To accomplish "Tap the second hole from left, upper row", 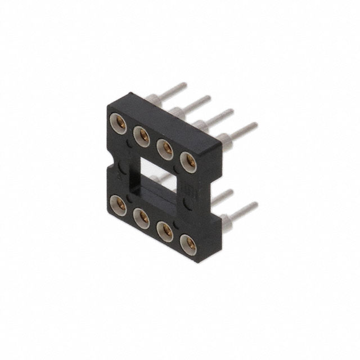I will pyautogui.click(x=141, y=135).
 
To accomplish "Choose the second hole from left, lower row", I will pyautogui.click(x=141, y=216).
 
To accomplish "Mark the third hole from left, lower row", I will pyautogui.click(x=164, y=229).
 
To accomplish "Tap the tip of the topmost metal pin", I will pyautogui.click(x=184, y=85).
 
